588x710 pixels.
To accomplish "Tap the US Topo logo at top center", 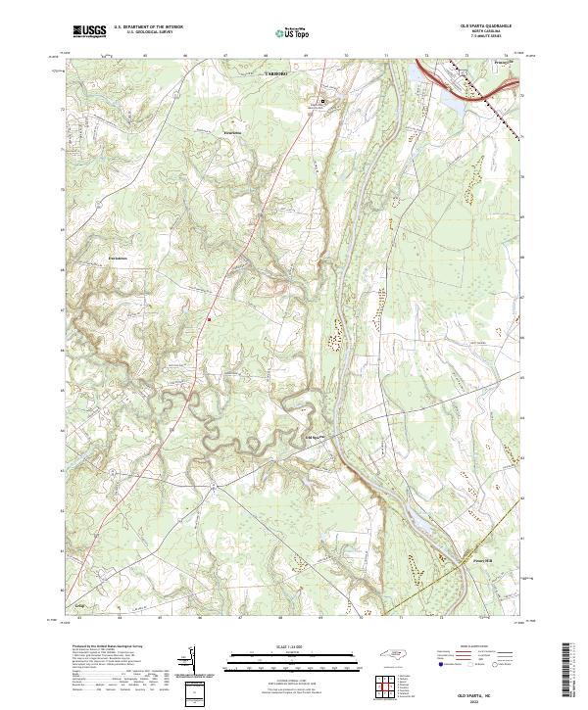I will (x=295, y=32).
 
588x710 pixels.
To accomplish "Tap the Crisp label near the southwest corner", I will (x=81, y=606).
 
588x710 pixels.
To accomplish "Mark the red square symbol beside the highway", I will (x=209, y=316).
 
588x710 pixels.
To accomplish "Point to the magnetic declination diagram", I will (x=190, y=663).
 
